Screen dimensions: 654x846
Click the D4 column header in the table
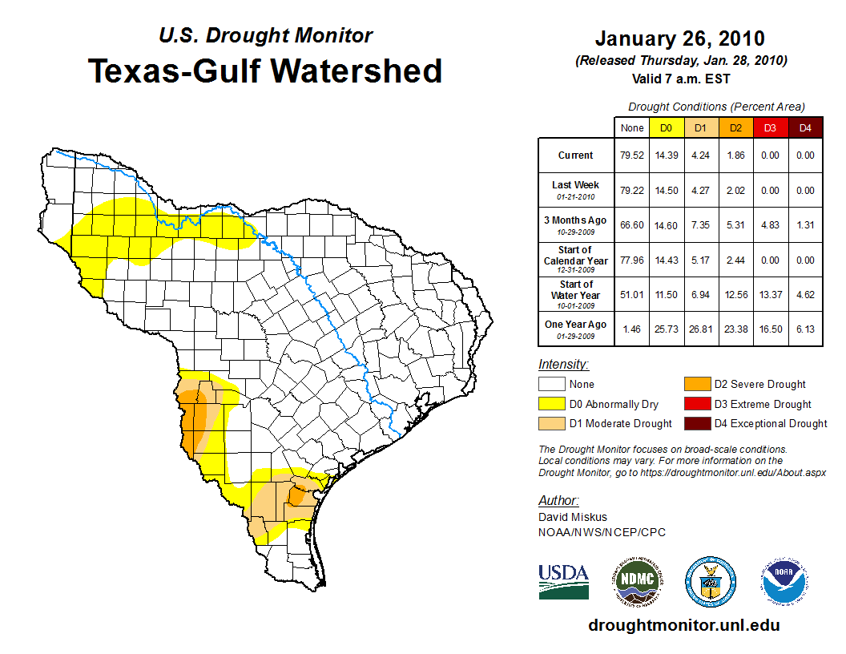[805, 127]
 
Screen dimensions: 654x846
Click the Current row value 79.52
[631, 155]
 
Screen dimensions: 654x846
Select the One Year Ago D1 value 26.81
[700, 325]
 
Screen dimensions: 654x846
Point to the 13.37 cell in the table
[770, 295]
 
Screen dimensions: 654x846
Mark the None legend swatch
[552, 384]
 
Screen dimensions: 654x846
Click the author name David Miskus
[572, 517]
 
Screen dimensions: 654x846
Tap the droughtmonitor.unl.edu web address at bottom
[683, 625]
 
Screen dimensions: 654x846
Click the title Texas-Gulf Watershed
[264, 71]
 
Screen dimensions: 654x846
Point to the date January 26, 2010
[679, 38]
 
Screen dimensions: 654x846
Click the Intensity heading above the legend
[563, 365]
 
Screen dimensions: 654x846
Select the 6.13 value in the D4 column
[805, 325]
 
